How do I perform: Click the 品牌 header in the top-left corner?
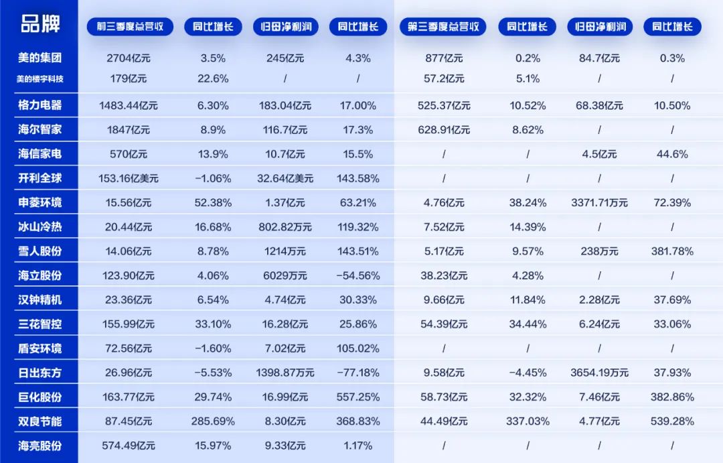click(40, 25)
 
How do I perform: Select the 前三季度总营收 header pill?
click(130, 27)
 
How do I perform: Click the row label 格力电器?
click(40, 105)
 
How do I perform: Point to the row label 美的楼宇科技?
click(39, 79)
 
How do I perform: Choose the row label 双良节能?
click(40, 421)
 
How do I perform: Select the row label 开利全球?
click(40, 179)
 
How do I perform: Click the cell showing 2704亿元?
click(129, 58)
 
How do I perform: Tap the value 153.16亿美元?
click(129, 179)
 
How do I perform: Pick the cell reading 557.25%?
click(358, 397)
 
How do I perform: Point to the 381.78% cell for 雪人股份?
click(672, 252)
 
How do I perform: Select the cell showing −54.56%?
click(358, 276)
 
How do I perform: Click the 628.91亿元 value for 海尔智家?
click(444, 130)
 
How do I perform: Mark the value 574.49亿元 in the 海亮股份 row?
click(129, 446)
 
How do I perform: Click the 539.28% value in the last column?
click(672, 421)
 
